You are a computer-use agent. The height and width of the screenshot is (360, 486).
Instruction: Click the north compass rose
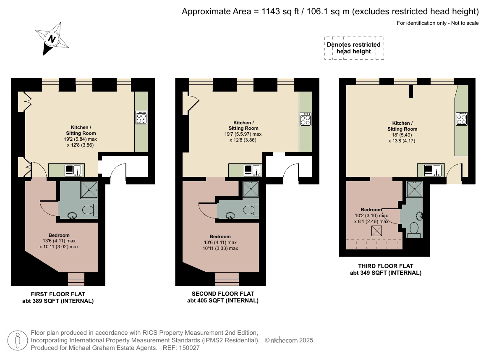click(x=52, y=39)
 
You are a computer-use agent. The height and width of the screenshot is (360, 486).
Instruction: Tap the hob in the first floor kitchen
click(x=141, y=117)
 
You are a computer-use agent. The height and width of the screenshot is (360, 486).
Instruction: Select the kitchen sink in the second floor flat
click(x=253, y=171)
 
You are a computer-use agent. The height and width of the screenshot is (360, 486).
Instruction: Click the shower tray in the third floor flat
click(x=414, y=189)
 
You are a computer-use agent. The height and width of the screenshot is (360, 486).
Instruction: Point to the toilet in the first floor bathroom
click(x=90, y=210)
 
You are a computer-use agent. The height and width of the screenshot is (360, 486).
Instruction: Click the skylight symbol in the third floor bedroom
click(x=376, y=231)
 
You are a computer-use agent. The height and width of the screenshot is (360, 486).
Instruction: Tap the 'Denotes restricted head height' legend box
click(x=354, y=48)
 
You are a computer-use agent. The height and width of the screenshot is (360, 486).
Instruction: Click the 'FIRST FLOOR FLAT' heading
click(x=58, y=294)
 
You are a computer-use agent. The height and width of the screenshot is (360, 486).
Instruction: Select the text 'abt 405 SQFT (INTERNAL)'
click(x=223, y=300)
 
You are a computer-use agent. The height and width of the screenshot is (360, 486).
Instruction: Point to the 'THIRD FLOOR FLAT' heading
click(x=386, y=266)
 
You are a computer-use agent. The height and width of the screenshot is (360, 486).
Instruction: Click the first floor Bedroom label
click(x=59, y=235)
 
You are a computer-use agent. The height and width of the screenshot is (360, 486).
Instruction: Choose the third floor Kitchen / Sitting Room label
click(x=402, y=126)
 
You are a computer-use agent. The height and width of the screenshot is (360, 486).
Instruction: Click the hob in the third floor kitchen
click(x=462, y=118)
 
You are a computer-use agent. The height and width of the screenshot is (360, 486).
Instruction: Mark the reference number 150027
click(x=189, y=348)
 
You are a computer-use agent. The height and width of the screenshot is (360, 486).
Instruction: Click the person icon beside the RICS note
click(x=18, y=340)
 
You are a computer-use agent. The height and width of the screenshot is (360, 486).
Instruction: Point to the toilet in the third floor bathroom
click(x=414, y=230)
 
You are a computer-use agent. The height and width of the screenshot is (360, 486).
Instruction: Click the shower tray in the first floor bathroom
click(x=89, y=189)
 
